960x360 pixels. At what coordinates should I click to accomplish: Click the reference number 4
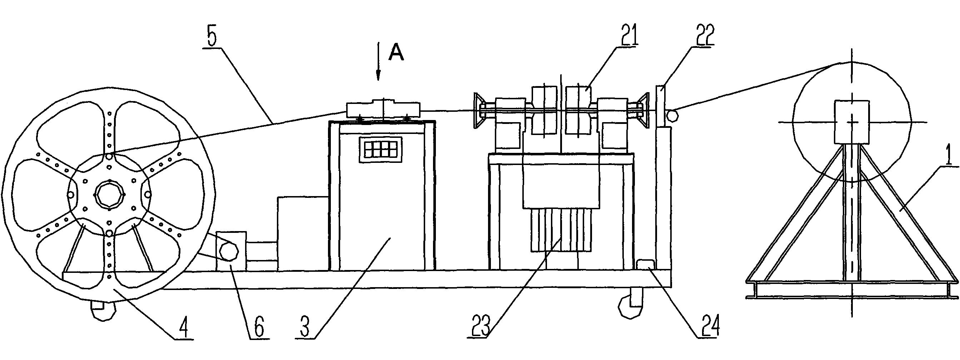pyautogui.click(x=183, y=328)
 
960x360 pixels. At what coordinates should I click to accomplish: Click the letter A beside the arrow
pyautogui.click(x=396, y=54)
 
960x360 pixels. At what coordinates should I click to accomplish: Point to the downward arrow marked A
pyautogui.click(x=378, y=61)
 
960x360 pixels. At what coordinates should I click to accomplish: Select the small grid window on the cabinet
pyautogui.click(x=381, y=149)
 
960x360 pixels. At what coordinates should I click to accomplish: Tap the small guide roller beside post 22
pyautogui.click(x=672, y=115)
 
